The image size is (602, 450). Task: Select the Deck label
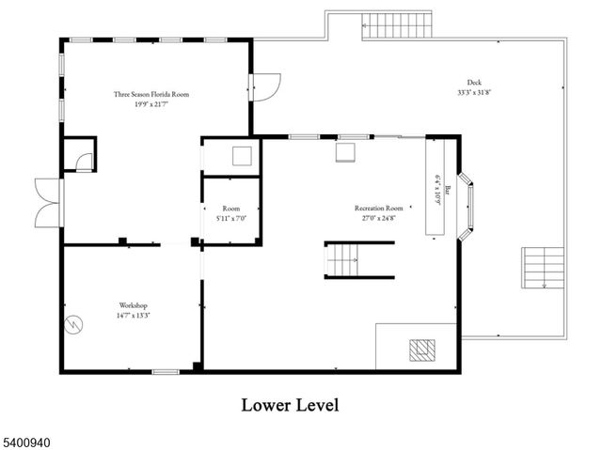(x=475, y=83)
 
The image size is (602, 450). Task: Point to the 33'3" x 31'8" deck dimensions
(x=475, y=92)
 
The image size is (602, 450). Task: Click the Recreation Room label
(x=378, y=208)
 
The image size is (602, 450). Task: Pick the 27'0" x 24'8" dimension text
(x=378, y=217)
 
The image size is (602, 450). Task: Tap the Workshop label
(x=133, y=305)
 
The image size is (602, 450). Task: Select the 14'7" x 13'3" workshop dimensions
(x=133, y=315)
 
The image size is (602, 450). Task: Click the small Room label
(x=230, y=209)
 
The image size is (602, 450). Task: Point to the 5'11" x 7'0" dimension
(x=230, y=218)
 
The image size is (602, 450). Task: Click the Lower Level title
(x=290, y=405)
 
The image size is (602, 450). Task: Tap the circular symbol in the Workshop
(x=72, y=321)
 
